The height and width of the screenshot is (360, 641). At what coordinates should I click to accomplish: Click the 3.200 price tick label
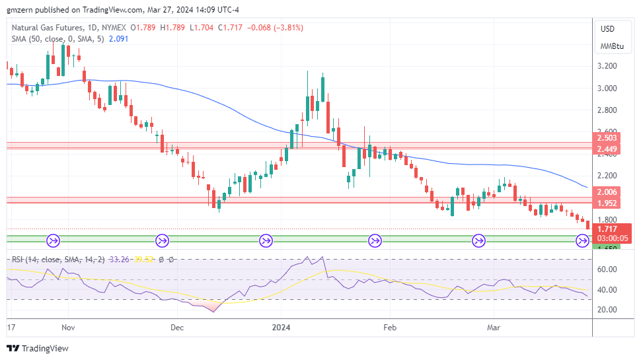(607, 66)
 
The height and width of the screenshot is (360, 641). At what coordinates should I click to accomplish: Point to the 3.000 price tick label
(607, 88)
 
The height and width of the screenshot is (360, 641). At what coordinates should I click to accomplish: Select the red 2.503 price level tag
(607, 137)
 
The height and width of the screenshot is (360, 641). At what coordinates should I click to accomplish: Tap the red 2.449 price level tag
(607, 149)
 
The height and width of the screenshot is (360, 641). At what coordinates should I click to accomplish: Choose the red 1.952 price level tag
(607, 203)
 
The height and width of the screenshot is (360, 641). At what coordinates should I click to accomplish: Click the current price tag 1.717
(607, 229)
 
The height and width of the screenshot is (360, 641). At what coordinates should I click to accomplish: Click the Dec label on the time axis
(176, 327)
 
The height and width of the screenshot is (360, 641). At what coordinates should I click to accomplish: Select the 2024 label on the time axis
(282, 327)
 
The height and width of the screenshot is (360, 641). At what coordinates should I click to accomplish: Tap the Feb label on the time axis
(390, 327)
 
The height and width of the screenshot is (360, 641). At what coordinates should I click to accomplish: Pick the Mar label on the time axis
(493, 327)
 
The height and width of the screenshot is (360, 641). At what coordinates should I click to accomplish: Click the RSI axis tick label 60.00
(607, 270)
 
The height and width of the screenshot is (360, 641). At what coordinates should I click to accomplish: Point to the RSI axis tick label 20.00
(607, 309)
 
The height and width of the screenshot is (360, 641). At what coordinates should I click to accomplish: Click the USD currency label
(607, 29)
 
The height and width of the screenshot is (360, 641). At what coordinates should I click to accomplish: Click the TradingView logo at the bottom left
(38, 348)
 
